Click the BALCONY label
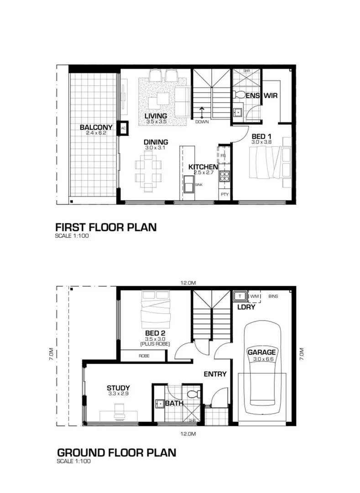pyautogui.click(x=96, y=127)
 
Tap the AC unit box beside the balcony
pyautogui.click(x=123, y=129)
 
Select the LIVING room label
pyautogui.click(x=156, y=116)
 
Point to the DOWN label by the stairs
pyautogui.click(x=201, y=122)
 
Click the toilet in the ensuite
pyautogui.click(x=239, y=94)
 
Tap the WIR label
pyautogui.click(x=270, y=96)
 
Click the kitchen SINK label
pyautogui.click(x=198, y=184)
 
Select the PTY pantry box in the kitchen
pyautogui.click(x=224, y=194)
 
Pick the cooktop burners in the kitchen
pyautogui.click(x=224, y=177)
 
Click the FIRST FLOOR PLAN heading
pyautogui.click(x=105, y=227)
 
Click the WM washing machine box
pyautogui.click(x=254, y=296)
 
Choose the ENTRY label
pyautogui.click(x=215, y=374)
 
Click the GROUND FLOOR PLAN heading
pyautogui.click(x=116, y=452)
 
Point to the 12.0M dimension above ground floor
pyautogui.click(x=188, y=283)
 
